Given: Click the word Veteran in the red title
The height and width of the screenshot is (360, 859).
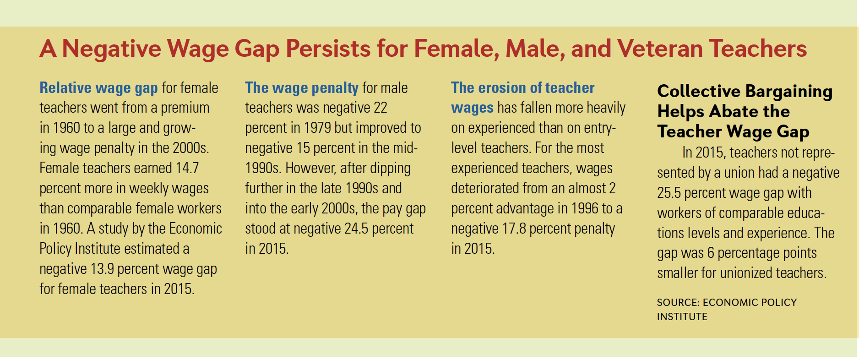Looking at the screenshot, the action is pos(659,49).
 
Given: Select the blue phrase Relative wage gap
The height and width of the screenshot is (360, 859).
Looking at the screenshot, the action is pos(98,88).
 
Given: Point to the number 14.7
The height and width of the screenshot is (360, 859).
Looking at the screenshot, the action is pos(187,168).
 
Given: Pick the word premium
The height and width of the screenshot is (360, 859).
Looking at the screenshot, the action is pos(185,108).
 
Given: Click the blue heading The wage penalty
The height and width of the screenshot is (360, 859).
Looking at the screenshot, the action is pos(302,88).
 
